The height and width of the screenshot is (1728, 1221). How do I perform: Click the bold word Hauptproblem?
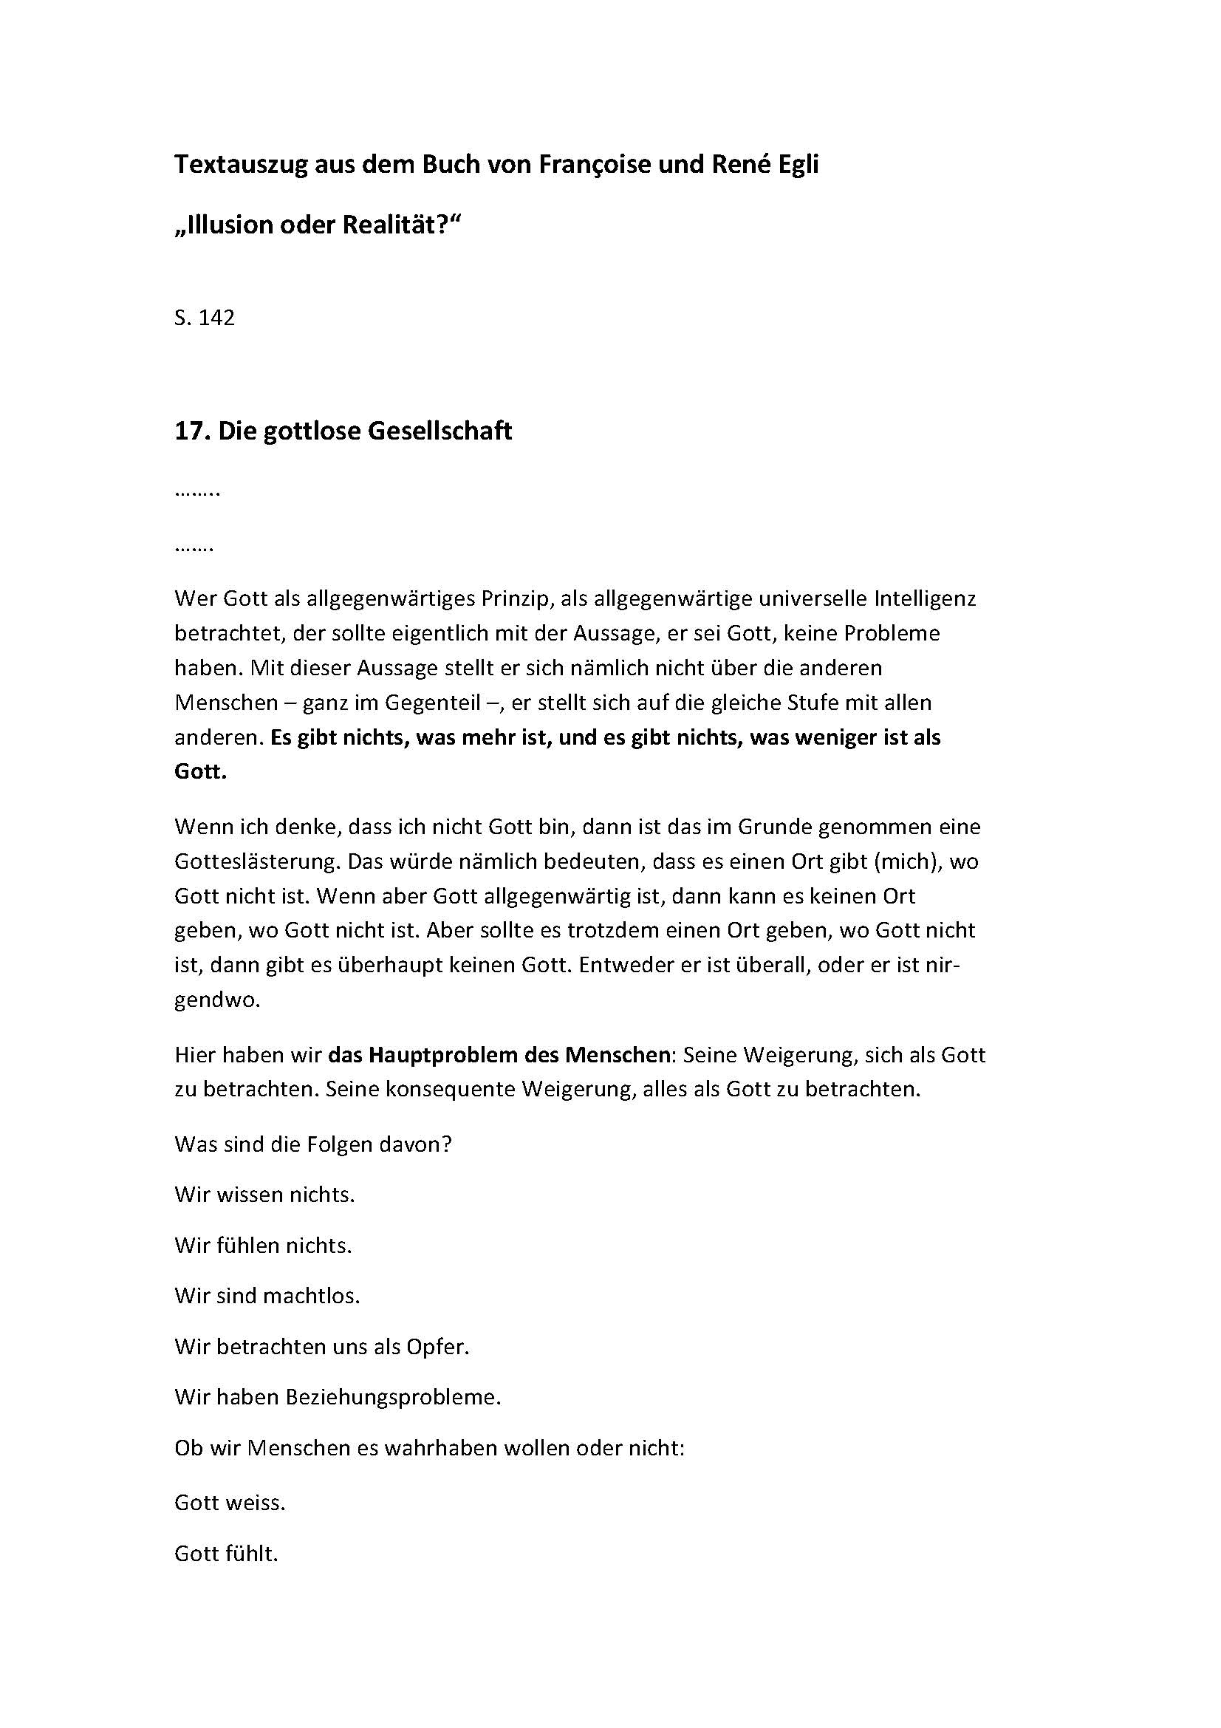coord(445,1054)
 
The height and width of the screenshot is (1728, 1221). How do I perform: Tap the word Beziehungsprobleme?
coord(393,1397)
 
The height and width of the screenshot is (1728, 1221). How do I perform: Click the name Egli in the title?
coord(795,165)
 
